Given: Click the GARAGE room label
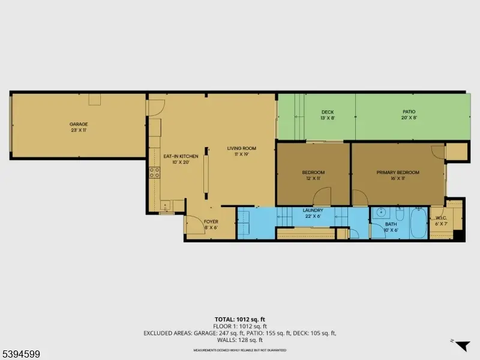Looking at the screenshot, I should (79, 124).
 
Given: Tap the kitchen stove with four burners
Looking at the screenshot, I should (154, 173).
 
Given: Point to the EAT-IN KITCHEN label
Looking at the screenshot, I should (176, 157).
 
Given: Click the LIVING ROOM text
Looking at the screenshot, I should (241, 148).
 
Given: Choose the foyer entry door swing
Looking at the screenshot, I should (193, 225).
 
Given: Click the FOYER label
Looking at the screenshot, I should (211, 221).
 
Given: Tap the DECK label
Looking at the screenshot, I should (327, 112).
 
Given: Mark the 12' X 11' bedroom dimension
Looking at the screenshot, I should (313, 179).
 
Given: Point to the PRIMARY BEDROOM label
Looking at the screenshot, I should (398, 173).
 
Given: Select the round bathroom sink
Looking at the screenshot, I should (380, 214).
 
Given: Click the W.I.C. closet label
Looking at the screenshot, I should (440, 218).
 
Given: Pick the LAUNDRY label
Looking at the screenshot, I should (313, 211).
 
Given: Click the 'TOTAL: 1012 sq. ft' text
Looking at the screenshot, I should (240, 319).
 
